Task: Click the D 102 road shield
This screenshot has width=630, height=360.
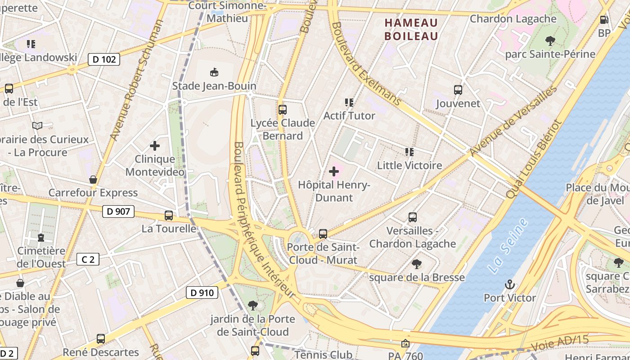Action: [x=104, y=59]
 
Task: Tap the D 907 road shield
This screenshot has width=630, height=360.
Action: [x=118, y=211]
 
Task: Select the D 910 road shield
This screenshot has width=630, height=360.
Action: [x=202, y=293]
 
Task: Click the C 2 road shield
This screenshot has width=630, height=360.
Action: [x=88, y=259]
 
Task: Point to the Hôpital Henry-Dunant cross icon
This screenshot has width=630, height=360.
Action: [x=334, y=171]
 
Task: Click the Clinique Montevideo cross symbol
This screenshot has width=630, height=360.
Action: [x=155, y=146]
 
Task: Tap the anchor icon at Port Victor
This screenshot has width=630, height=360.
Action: [x=510, y=284]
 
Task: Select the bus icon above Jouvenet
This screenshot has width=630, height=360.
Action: [x=458, y=90]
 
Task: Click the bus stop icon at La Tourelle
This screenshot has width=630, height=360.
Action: [x=169, y=216]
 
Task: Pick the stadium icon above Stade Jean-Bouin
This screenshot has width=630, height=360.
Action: [x=214, y=72]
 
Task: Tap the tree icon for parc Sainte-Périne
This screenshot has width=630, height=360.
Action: [x=550, y=41]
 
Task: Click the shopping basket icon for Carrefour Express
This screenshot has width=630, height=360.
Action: [x=93, y=180]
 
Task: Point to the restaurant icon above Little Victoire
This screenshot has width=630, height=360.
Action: [x=409, y=152]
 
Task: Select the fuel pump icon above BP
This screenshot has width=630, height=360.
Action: [x=604, y=20]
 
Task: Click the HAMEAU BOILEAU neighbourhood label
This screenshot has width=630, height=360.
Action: [x=411, y=29]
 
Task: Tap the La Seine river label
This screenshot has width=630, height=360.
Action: [x=508, y=246]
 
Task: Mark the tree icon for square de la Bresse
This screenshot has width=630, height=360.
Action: [x=417, y=264]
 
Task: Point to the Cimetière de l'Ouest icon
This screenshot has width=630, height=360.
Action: [x=41, y=237]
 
